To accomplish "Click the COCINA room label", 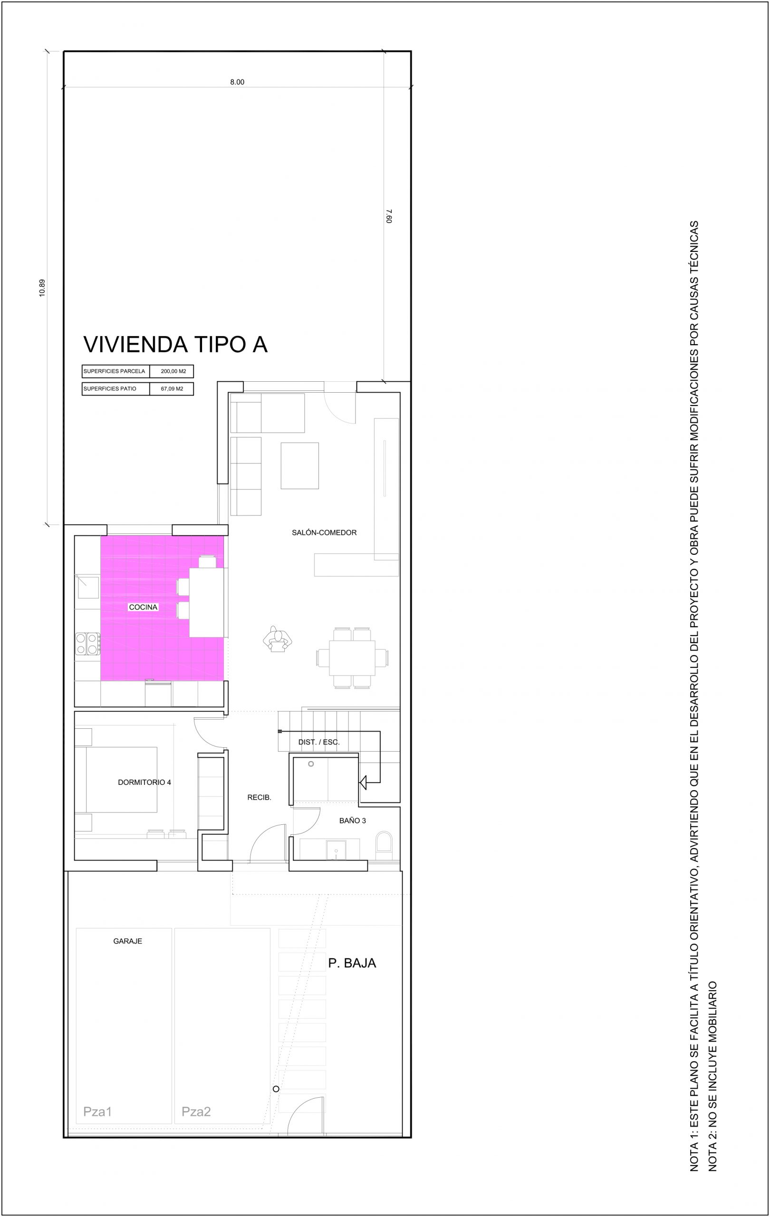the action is point(144,607).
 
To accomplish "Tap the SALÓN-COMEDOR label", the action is point(324,533).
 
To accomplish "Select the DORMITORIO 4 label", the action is point(144,782).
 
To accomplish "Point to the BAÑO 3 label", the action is point(353,821).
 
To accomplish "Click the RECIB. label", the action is point(259,798).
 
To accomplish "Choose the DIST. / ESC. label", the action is point(319,743).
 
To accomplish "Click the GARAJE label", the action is point(128,941).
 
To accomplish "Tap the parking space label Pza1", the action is point(97,1111).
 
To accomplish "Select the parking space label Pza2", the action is point(196,1111).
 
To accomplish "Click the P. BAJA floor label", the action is point(352,963).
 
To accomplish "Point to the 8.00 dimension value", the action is point(237,82).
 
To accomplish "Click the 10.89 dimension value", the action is point(42,288).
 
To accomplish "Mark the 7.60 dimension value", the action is point(388,216).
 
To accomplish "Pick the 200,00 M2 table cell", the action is point(173,371).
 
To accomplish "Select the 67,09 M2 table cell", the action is point(172,389).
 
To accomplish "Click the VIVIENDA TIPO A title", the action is point(175,345).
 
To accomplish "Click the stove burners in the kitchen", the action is point(87,644).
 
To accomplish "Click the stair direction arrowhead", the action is point(362,783).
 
